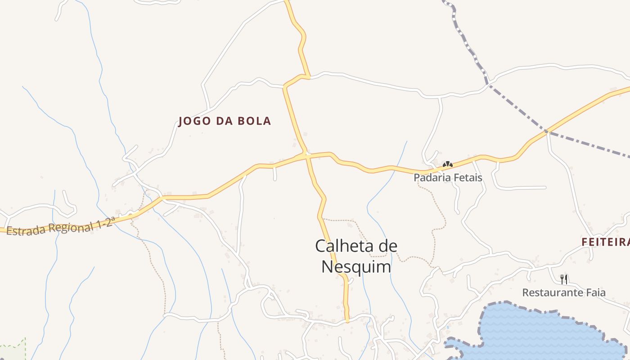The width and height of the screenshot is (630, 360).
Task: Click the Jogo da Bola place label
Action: click(x=225, y=121)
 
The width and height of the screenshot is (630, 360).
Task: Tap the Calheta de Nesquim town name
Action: click(x=356, y=256)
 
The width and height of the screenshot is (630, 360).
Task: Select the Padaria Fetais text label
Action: click(x=448, y=178)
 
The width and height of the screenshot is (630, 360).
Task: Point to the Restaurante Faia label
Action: click(x=563, y=293)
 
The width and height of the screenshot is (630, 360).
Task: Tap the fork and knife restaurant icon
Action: click(x=563, y=279)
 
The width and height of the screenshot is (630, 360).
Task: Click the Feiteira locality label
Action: click(x=605, y=242)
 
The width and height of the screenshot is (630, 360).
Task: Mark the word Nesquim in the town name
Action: click(x=356, y=267)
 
